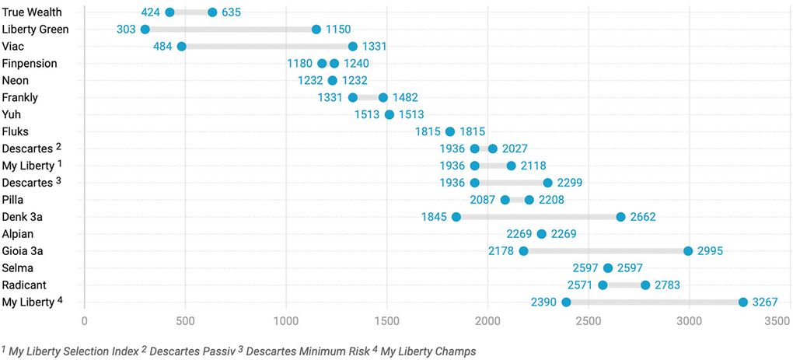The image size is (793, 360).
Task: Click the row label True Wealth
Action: [x=32, y=12]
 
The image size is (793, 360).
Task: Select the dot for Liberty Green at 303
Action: [x=145, y=30]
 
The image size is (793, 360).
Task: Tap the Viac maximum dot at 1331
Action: [x=353, y=47]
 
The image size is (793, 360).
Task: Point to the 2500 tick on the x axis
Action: [x=588, y=320]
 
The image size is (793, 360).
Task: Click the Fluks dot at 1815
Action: [x=450, y=131]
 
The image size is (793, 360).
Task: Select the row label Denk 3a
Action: [x=26, y=217]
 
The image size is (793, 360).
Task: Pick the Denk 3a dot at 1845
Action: [x=456, y=217]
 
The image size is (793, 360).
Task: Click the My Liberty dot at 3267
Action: [x=743, y=302]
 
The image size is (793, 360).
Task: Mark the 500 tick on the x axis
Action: [x=185, y=320]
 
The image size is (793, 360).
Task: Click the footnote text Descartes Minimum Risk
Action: [x=304, y=351]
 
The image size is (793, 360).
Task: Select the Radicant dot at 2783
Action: [x=645, y=285]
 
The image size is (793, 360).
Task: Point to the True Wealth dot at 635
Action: [x=213, y=12]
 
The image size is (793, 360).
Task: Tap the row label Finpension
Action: [x=30, y=64]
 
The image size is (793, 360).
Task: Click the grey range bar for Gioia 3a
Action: [x=606, y=251]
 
